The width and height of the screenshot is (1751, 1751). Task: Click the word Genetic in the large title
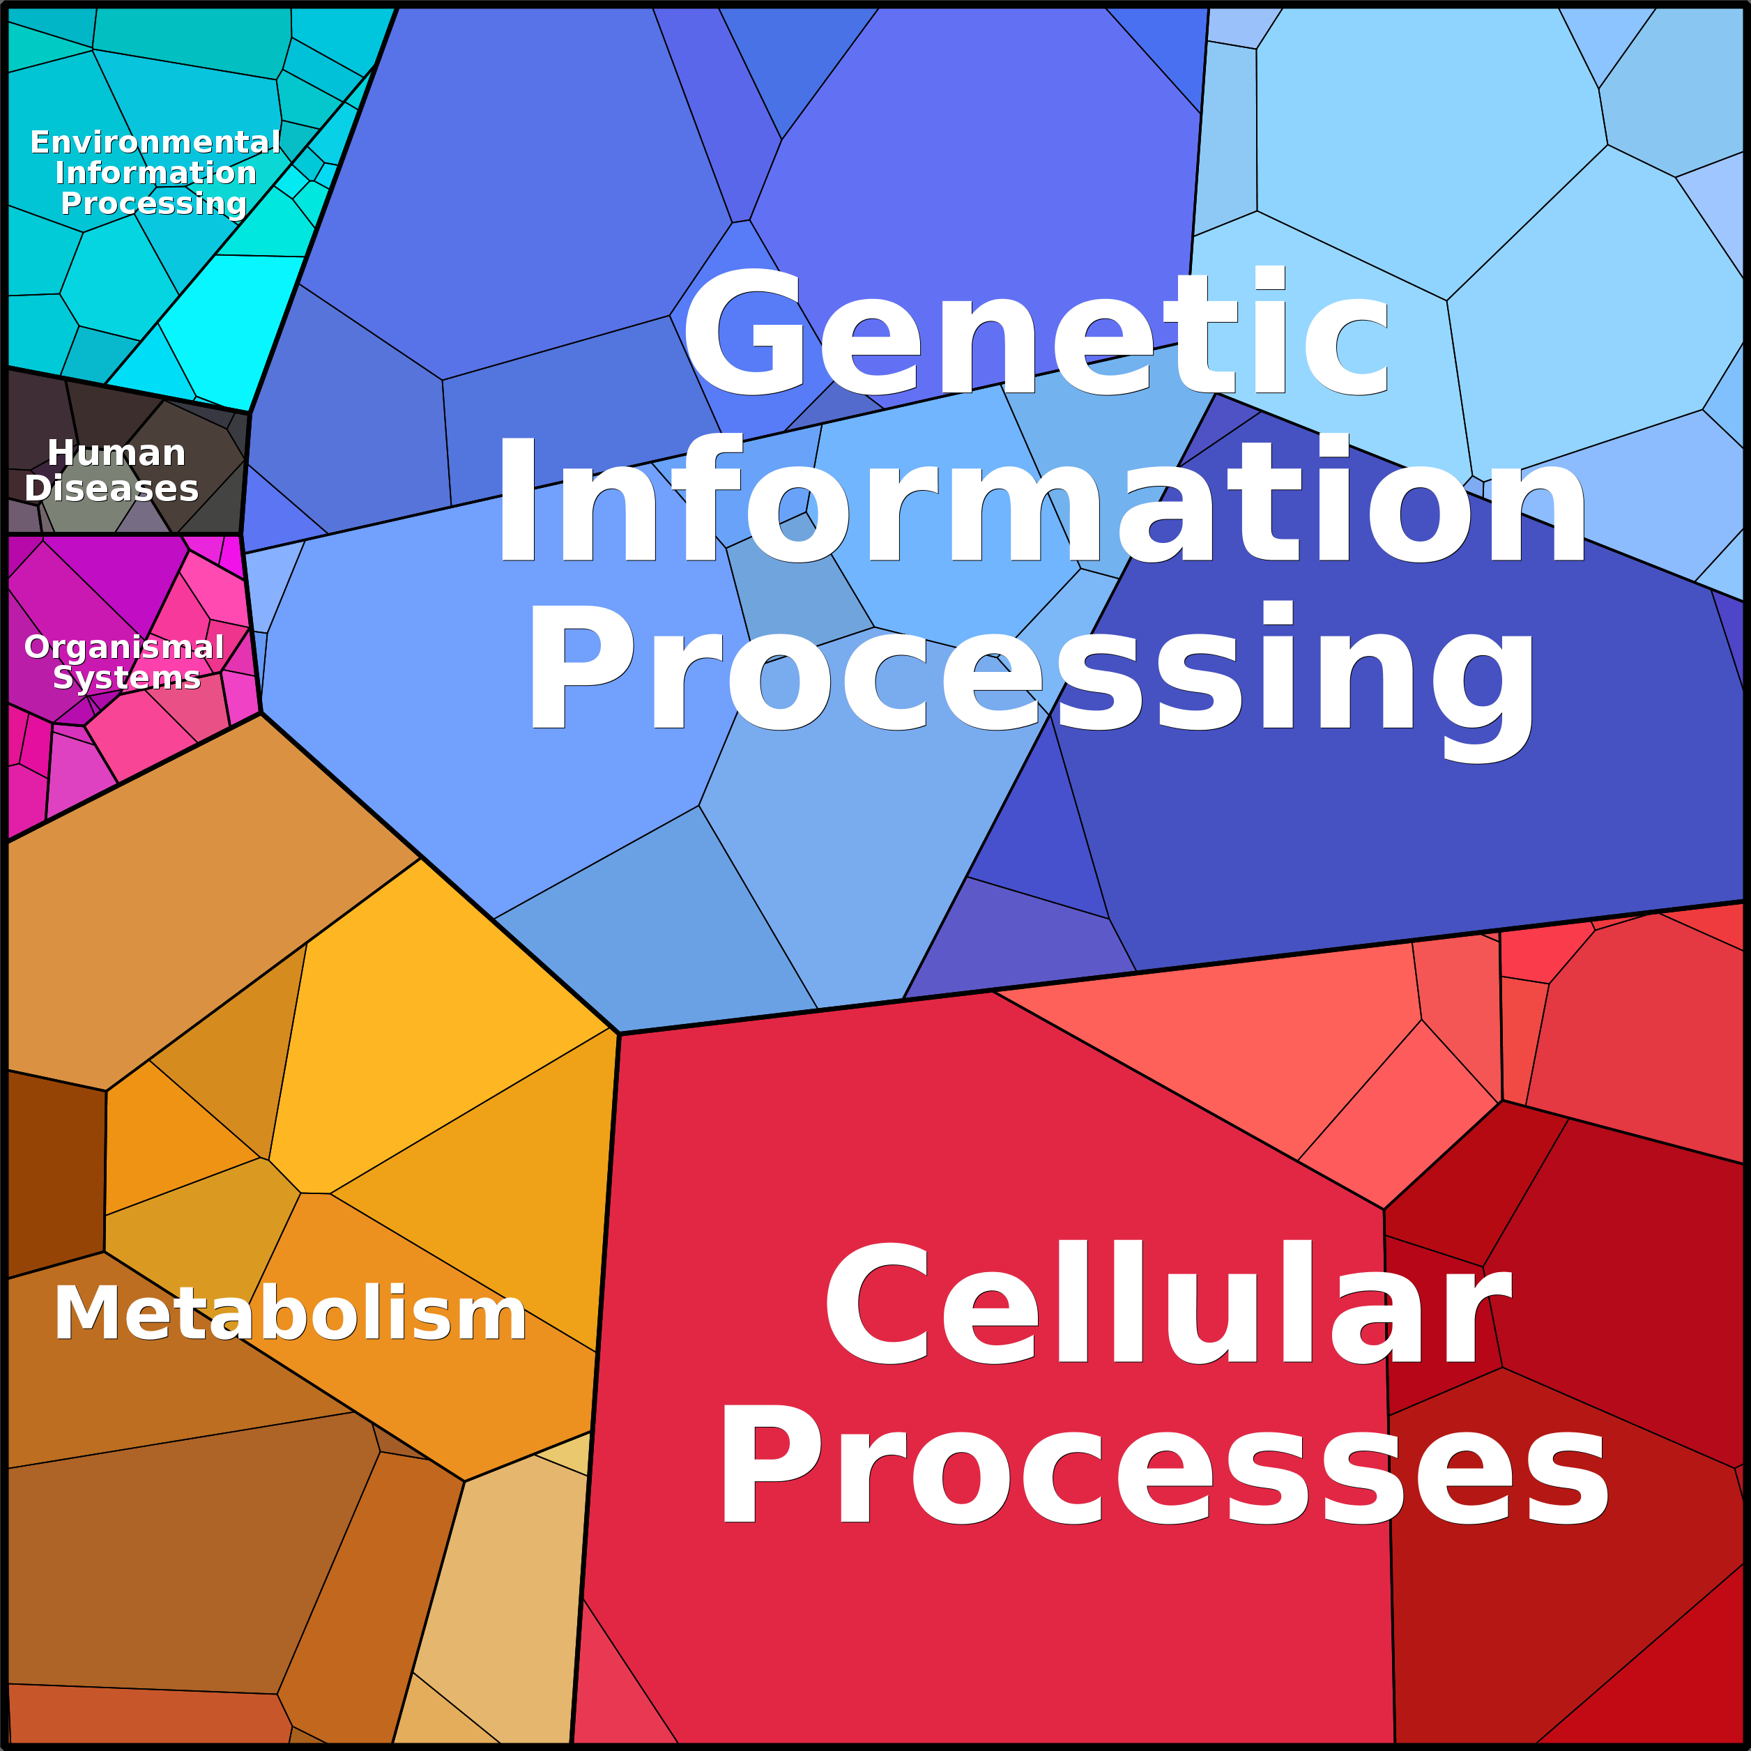click(1036, 332)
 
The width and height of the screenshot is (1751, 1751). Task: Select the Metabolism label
click(290, 1313)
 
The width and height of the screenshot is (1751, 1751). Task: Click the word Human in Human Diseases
click(116, 452)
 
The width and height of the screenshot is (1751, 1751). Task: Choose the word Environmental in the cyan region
click(155, 142)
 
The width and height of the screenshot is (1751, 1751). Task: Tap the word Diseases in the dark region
click(112, 489)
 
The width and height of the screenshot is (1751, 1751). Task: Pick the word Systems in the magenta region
click(127, 678)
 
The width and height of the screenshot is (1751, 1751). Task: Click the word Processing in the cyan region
click(154, 205)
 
